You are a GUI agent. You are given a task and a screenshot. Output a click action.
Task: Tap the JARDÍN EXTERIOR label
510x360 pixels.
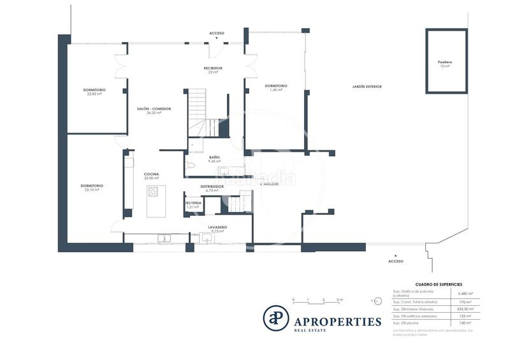click(x=367, y=86)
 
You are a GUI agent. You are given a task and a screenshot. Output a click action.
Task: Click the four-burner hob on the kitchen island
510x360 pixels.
click(x=153, y=191)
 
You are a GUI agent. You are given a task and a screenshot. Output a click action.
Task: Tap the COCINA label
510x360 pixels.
click(x=151, y=174)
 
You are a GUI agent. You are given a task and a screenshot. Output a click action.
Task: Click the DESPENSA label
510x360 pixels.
click(x=193, y=203)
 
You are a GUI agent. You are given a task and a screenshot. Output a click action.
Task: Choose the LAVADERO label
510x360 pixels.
click(x=217, y=227)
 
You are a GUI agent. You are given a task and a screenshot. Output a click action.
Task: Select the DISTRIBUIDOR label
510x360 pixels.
click(x=212, y=187)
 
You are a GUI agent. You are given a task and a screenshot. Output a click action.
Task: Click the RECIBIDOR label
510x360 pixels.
click(x=213, y=68)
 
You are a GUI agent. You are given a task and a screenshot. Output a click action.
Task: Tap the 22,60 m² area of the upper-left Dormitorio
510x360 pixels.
click(x=94, y=94)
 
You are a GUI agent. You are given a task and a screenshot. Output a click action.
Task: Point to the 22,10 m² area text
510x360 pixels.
click(x=92, y=190)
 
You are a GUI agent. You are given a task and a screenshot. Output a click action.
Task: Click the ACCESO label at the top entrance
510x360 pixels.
click(x=217, y=33)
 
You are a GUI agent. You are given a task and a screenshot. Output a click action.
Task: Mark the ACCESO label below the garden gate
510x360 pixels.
click(x=396, y=261)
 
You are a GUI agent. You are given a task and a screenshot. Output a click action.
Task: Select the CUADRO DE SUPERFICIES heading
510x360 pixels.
click(x=439, y=284)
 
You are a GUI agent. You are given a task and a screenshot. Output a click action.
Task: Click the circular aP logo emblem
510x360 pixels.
click(x=276, y=318)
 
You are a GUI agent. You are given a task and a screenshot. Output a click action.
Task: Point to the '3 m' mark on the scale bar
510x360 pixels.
click(x=340, y=299)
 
